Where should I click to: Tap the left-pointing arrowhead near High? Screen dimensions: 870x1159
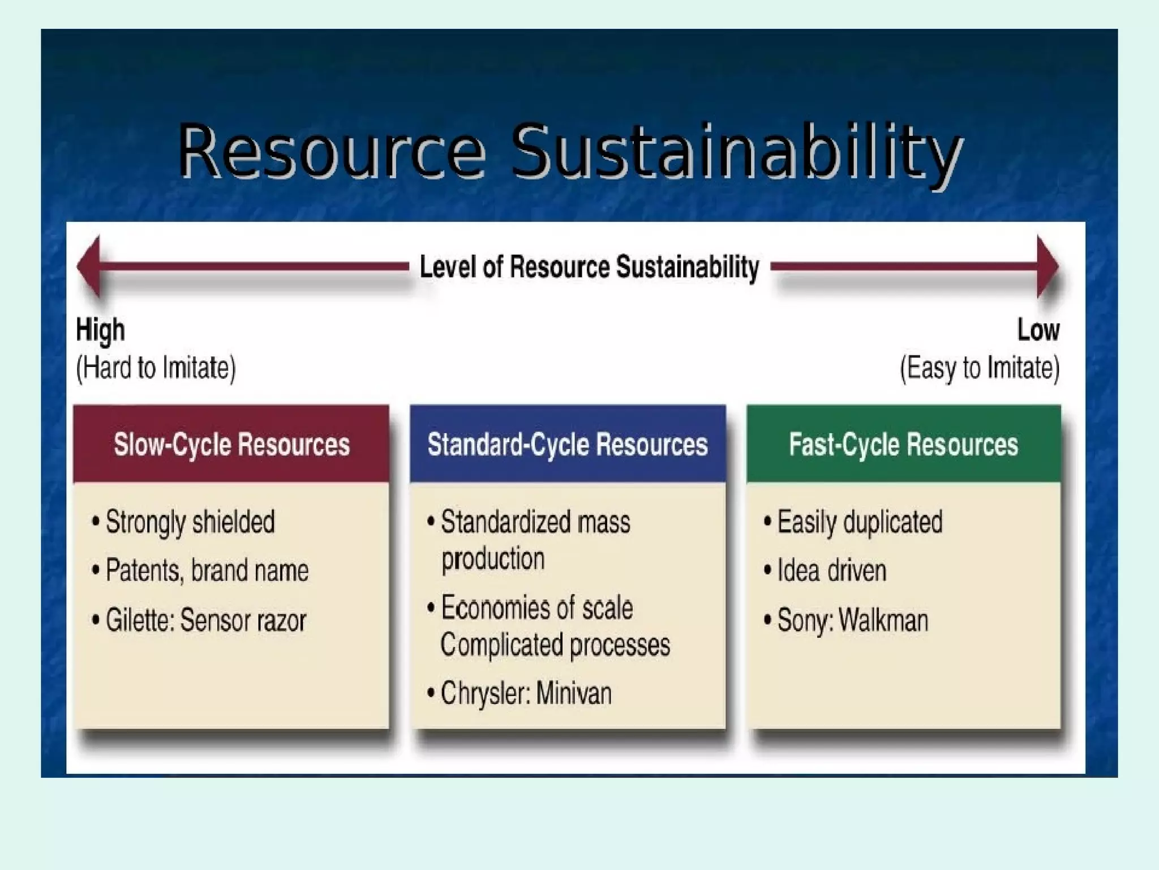91,266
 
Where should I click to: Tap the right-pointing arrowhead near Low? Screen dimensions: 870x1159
1047,266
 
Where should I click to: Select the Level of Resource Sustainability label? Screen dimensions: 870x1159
589,267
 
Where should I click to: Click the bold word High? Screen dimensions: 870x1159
100,330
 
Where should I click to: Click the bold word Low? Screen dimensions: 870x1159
1038,330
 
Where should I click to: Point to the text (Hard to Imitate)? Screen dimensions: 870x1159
156,368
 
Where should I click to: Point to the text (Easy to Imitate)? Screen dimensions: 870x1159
980,368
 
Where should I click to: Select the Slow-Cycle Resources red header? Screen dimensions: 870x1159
231,444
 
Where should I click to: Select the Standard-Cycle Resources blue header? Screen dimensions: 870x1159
568,444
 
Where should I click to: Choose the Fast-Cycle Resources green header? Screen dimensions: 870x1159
903,444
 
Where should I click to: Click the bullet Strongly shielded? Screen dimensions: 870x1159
190,522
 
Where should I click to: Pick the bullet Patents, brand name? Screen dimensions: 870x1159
207,570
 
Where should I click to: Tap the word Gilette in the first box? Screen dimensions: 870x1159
139,620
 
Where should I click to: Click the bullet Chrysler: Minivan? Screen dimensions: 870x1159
526,693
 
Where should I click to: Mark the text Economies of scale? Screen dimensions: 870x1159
536,608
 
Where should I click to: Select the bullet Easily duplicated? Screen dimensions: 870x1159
859,522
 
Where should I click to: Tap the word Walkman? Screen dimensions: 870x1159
883,620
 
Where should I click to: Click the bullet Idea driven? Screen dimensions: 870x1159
831,570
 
